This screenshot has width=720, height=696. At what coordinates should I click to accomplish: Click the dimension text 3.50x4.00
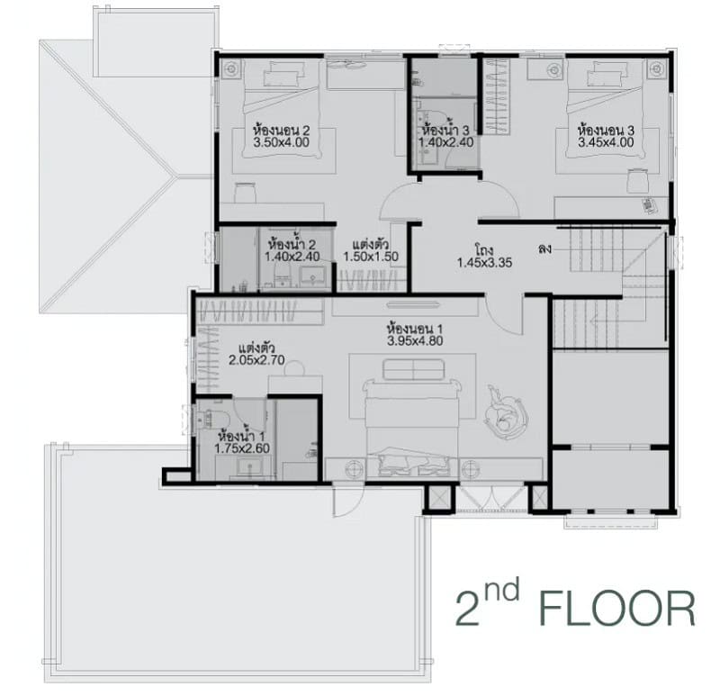coord(281,142)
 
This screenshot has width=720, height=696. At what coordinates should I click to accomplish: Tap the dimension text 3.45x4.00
coord(606,142)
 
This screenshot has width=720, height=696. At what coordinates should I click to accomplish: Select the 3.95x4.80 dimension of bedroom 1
coord(415,341)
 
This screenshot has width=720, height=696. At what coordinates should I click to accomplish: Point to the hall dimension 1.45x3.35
coord(484,263)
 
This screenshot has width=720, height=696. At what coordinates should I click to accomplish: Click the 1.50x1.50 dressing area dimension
coord(371,257)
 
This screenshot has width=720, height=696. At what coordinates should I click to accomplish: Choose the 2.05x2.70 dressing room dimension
coord(256,360)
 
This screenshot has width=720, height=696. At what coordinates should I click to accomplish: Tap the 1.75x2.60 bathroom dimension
coord(242,448)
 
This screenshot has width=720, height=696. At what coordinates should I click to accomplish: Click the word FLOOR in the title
coord(617,610)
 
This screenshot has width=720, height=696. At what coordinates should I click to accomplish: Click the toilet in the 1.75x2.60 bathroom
coord(211,420)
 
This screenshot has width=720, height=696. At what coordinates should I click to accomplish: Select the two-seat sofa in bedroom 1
coord(413,370)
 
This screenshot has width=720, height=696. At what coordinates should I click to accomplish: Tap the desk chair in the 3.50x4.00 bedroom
coord(245,193)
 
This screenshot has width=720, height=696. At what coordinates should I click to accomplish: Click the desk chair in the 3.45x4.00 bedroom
coord(637,181)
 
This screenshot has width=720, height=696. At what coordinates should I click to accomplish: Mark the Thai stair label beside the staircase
coord(544,250)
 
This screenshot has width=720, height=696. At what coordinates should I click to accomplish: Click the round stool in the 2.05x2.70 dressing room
coord(294,368)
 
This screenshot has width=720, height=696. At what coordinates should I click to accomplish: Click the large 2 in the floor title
coord(467,610)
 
